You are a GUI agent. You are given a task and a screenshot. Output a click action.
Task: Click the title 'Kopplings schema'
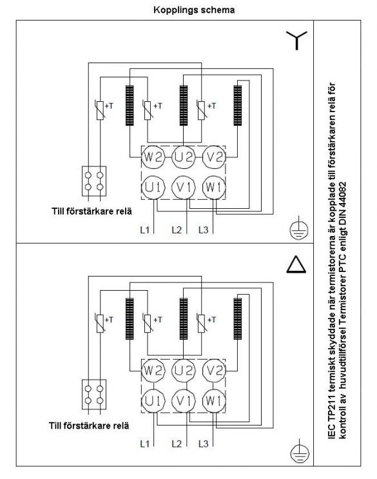pyautogui.click(x=194, y=10)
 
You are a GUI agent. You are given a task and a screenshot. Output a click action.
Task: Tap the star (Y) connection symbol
pyautogui.click(x=296, y=41)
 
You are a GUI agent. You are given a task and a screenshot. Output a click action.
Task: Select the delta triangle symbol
pyautogui.click(x=296, y=264)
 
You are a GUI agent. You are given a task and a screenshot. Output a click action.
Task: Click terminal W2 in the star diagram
pyautogui.click(x=153, y=157)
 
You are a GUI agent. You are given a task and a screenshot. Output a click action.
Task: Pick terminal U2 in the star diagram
pyautogui.click(x=184, y=157)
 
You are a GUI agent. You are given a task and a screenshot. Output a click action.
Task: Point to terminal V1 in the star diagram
pyautogui.click(x=184, y=187)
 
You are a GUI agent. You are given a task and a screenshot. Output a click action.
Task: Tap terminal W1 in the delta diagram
pyautogui.click(x=214, y=400)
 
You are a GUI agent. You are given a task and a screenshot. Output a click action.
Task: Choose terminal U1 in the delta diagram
pyautogui.click(x=153, y=400)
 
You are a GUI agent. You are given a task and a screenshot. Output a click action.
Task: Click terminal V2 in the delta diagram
pyautogui.click(x=214, y=371)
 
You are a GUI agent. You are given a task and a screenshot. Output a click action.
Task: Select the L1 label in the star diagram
pyautogui.click(x=145, y=230)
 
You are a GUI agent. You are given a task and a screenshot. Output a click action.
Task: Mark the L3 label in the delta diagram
pyautogui.click(x=203, y=444)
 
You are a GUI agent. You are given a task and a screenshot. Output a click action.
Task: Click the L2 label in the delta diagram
pyautogui.click(x=177, y=444)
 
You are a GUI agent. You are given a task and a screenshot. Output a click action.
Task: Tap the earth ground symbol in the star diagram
pyautogui.click(x=298, y=228)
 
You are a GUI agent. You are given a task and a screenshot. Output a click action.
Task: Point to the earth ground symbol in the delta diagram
pyautogui.click(x=300, y=451)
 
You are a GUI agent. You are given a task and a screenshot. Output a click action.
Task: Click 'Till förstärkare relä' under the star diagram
pyautogui.click(x=92, y=211)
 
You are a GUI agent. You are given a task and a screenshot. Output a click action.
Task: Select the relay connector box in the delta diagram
pyautogui.click(x=94, y=394)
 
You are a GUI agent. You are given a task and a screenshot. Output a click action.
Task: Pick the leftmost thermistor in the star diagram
pyautogui.click(x=100, y=110)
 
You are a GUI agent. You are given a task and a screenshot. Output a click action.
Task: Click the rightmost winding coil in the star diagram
pyautogui.click(x=238, y=105)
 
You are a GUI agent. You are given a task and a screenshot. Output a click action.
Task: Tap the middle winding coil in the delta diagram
pyautogui.click(x=184, y=318)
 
